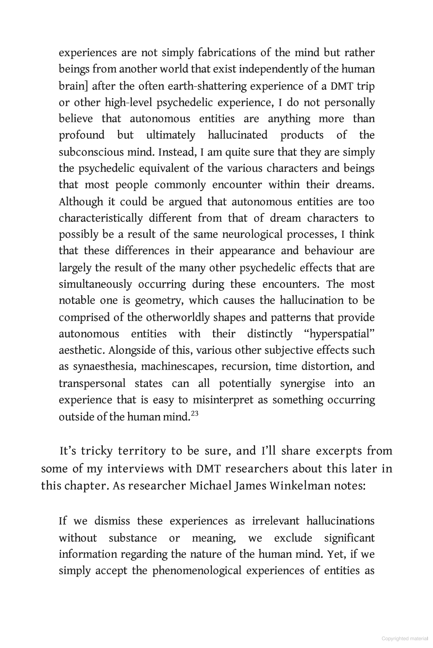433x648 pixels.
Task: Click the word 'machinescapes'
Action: (x=178, y=367)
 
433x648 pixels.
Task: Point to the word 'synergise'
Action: (x=302, y=384)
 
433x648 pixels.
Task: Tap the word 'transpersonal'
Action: (x=92, y=384)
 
